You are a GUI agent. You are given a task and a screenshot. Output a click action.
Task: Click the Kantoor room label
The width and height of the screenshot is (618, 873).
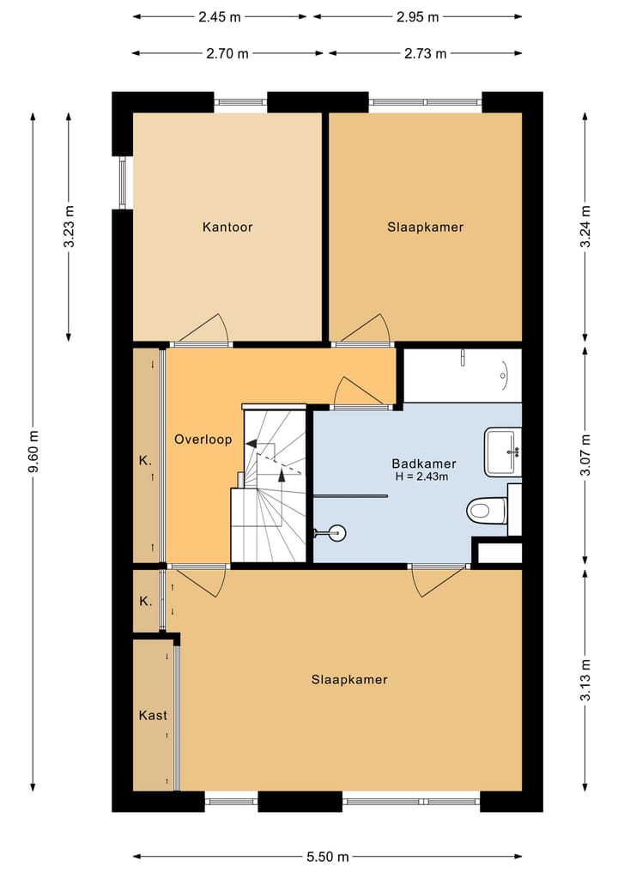point(227,227)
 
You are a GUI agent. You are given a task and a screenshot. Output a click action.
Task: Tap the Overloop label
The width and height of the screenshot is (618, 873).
point(203,440)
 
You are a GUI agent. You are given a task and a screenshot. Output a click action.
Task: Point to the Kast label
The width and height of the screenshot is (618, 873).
point(153,715)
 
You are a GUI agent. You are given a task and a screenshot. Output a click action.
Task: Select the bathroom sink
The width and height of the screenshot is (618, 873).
point(503,452)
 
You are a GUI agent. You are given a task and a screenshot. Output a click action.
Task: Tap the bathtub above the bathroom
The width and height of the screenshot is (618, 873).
point(463,374)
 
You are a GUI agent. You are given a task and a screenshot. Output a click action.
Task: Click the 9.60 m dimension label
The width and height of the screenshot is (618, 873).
point(33,451)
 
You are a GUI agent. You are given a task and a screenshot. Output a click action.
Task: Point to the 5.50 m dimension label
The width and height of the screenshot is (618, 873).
point(327,857)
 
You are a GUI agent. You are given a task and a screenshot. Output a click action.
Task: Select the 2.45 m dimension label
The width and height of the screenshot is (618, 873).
point(220,16)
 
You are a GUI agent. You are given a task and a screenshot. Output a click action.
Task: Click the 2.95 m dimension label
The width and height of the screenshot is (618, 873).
point(417,16)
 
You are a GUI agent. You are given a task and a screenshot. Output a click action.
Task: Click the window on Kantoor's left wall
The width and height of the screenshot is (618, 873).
point(122,182)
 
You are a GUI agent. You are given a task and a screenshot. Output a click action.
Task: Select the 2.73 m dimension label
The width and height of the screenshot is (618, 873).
point(426,53)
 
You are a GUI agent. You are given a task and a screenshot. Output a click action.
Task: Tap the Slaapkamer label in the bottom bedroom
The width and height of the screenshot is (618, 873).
point(349,680)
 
